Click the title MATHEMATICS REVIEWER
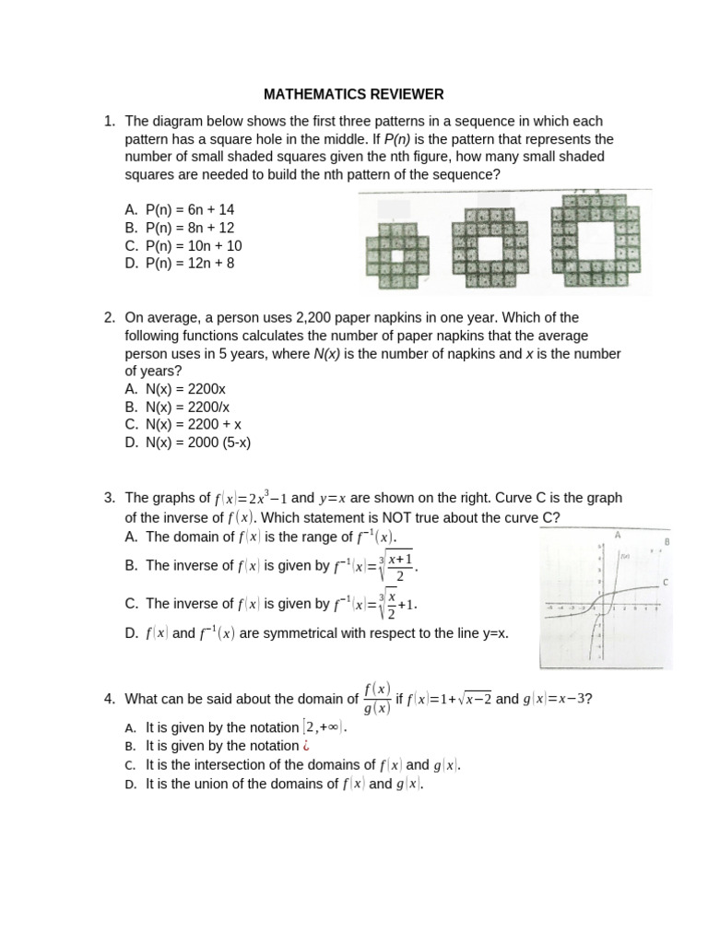coord(354,94)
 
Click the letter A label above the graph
coord(617,535)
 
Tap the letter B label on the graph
coord(666,542)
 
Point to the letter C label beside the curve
coord(665,583)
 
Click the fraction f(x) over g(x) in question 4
coord(377,699)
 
